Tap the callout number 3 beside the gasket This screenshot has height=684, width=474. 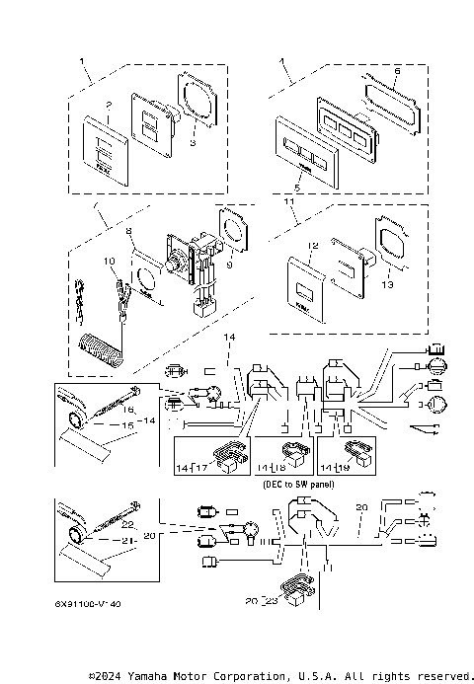click(x=194, y=143)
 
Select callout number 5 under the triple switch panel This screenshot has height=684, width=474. click(x=296, y=187)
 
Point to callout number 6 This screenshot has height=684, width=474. click(x=397, y=71)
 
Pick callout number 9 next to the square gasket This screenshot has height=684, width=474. click(x=228, y=264)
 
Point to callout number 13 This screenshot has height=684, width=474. click(x=385, y=283)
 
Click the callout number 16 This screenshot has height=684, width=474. click(x=127, y=407)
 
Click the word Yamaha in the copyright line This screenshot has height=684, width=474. click(x=157, y=676)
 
